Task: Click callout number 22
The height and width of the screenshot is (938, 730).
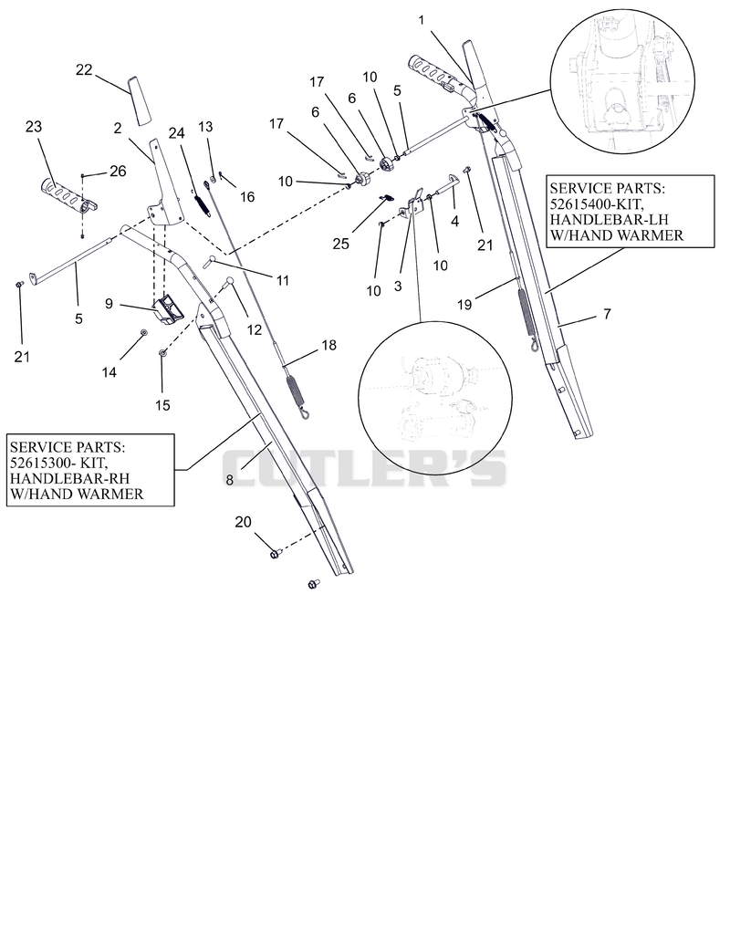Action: pyautogui.click(x=84, y=70)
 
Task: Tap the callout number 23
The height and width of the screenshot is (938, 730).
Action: pyautogui.click(x=34, y=127)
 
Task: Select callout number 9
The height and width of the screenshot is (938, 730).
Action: pyautogui.click(x=109, y=304)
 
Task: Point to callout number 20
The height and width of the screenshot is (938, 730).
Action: pyautogui.click(x=243, y=522)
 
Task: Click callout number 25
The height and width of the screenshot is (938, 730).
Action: pyautogui.click(x=340, y=244)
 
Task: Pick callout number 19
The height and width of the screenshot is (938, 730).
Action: pyautogui.click(x=464, y=305)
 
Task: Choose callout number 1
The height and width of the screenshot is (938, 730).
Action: pyautogui.click(x=422, y=20)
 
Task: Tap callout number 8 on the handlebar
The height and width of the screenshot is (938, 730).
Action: pyautogui.click(x=229, y=480)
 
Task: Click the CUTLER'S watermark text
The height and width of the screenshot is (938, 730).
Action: pyautogui.click(x=364, y=468)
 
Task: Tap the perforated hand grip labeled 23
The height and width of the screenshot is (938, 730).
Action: pyautogui.click(x=68, y=195)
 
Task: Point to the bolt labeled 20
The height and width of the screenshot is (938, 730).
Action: pyautogui.click(x=276, y=555)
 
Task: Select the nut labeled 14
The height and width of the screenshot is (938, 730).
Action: pyautogui.click(x=143, y=332)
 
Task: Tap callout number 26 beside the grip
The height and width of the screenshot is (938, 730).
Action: pyautogui.click(x=118, y=172)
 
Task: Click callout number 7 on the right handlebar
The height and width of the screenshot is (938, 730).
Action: pyautogui.click(x=608, y=314)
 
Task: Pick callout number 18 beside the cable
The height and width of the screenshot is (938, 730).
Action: pyautogui.click(x=328, y=345)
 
